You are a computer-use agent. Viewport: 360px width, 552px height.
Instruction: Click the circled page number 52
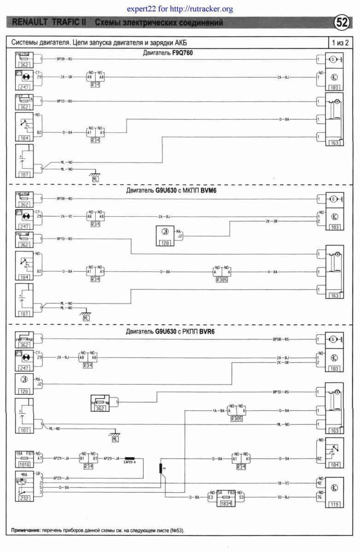342,22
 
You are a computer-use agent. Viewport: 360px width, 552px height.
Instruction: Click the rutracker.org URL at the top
202,9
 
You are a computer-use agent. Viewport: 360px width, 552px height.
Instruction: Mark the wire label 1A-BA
218,410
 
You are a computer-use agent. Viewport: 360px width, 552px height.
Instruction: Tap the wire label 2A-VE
67,216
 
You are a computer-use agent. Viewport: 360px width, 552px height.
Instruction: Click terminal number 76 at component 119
319,497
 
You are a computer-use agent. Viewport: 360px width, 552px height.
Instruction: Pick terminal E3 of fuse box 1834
210,497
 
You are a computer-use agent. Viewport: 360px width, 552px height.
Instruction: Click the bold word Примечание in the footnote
24,531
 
